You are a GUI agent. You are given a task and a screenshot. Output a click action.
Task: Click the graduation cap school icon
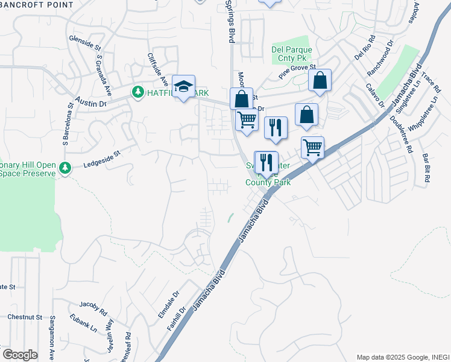click(183, 86)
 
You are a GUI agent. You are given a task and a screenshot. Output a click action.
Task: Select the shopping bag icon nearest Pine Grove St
click(320, 80)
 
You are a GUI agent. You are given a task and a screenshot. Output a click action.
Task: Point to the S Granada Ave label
click(104, 75)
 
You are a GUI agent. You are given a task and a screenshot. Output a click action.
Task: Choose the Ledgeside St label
click(102, 157)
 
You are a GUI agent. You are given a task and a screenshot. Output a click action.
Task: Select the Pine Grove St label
click(297, 72)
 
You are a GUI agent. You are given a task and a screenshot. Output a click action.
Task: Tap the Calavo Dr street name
click(374, 95)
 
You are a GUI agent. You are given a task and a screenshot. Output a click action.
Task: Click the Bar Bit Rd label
click(426, 167)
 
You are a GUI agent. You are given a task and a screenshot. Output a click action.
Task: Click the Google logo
click(19, 355)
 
